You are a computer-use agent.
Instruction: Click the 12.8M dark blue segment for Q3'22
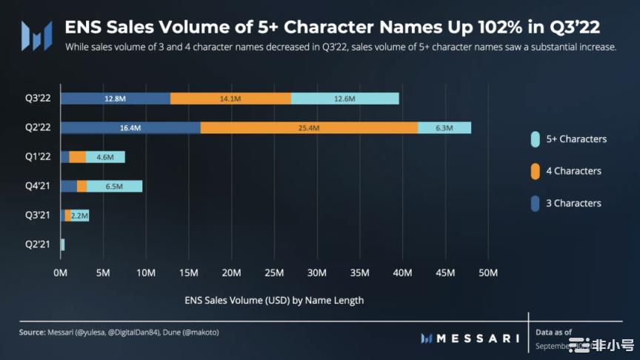click(x=116, y=99)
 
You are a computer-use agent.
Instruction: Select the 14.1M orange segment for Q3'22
click(x=230, y=99)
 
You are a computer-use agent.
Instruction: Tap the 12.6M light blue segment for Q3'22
click(x=344, y=99)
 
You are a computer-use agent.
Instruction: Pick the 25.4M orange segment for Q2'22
click(x=309, y=127)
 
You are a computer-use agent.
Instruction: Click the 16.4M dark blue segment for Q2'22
click(x=130, y=127)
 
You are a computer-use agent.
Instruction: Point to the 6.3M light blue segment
click(x=444, y=127)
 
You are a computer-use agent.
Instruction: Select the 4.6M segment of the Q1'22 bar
click(x=105, y=157)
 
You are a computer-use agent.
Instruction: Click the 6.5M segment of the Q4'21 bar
click(x=114, y=186)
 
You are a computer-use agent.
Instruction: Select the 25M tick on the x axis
click(x=275, y=273)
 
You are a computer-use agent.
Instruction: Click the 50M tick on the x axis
click(x=488, y=273)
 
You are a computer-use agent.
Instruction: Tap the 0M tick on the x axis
click(x=61, y=273)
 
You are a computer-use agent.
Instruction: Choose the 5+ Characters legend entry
click(x=576, y=139)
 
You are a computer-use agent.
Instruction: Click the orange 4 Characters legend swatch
click(x=535, y=171)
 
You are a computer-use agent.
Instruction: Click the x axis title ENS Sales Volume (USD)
click(x=274, y=301)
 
